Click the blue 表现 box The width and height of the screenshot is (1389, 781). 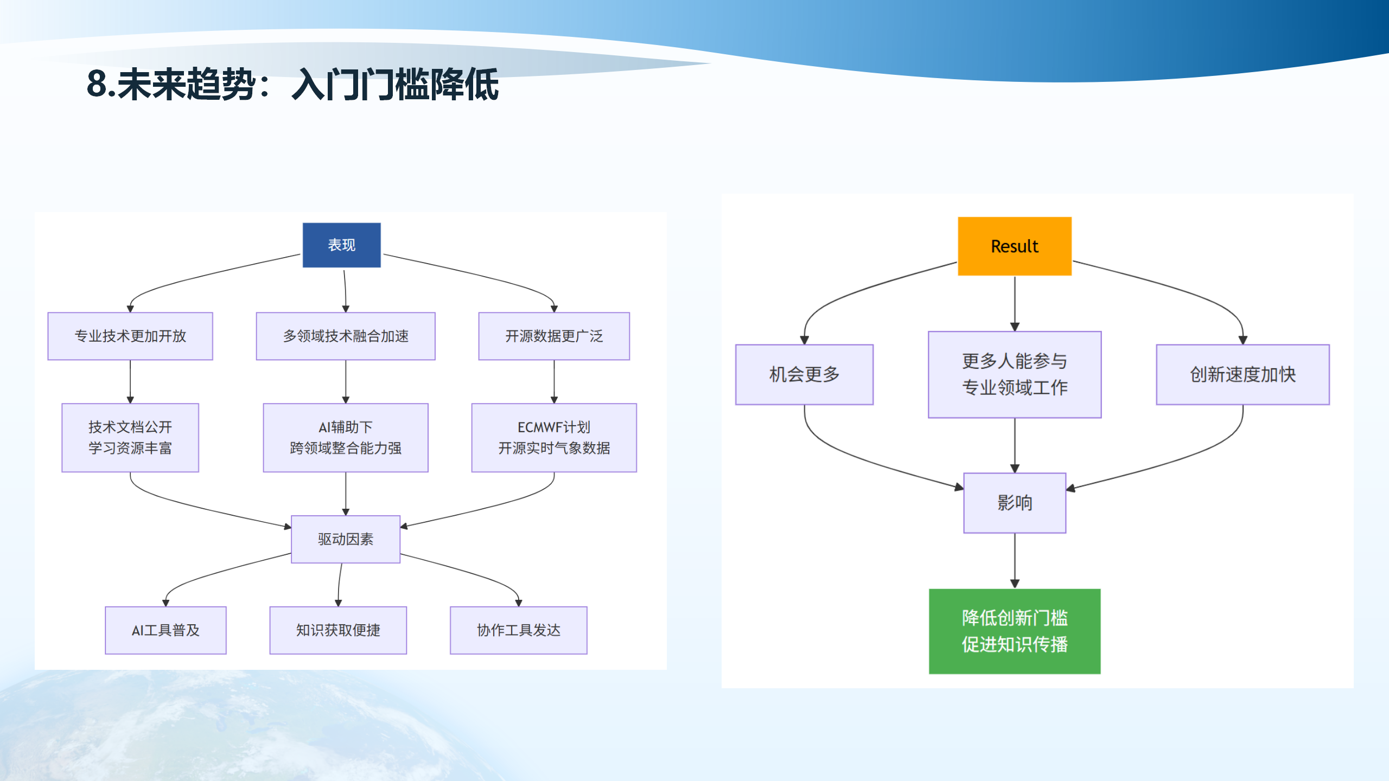click(x=341, y=245)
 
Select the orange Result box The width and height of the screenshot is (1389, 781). click(x=1014, y=246)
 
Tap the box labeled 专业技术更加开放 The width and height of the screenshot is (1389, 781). click(x=130, y=336)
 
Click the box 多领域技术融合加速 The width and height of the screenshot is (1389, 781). click(x=346, y=336)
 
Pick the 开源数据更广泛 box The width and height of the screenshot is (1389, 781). click(x=554, y=336)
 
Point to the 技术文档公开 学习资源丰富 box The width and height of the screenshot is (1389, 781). click(x=130, y=438)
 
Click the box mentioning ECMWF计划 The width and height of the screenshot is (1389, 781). click(x=554, y=438)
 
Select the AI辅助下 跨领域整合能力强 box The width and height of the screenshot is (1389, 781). click(x=346, y=438)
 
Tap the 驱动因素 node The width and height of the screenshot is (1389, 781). click(x=346, y=539)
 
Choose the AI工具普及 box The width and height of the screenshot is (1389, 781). click(x=165, y=630)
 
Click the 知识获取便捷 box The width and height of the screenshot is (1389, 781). click(x=338, y=630)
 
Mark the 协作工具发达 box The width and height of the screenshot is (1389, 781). click(x=518, y=630)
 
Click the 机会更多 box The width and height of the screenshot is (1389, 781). click(x=804, y=374)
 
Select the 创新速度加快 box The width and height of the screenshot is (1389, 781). click(x=1243, y=374)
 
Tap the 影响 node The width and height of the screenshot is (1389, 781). click(x=1015, y=503)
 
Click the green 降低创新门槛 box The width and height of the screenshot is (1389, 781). click(x=1015, y=631)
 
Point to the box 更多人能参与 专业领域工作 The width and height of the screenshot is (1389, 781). click(x=1015, y=374)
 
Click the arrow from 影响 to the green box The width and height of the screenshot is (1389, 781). click(x=1015, y=561)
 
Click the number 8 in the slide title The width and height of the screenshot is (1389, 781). click(x=97, y=85)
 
